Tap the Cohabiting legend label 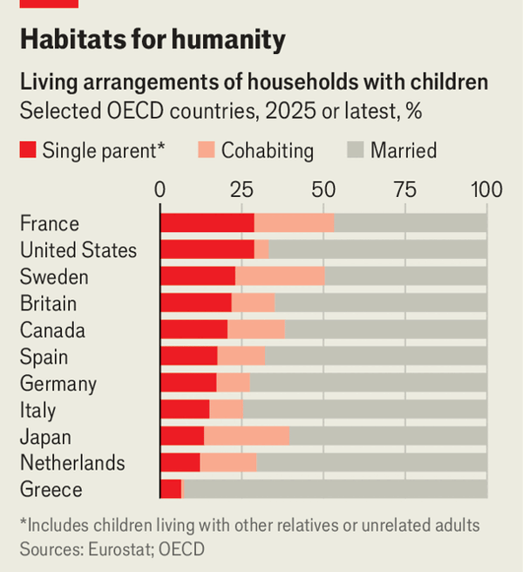coord(267,150)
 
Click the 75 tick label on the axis coord(404,189)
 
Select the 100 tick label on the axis coord(486,189)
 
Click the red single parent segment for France coord(207,223)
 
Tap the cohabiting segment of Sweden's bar coord(279,276)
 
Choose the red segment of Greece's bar coord(171,489)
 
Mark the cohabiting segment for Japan coord(246,436)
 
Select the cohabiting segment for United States coord(261,250)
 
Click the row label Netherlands coord(72,463)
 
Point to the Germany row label coord(58,384)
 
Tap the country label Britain coord(48,303)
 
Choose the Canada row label coord(52,330)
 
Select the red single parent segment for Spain coord(188,357)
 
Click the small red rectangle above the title coord(49,3)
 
